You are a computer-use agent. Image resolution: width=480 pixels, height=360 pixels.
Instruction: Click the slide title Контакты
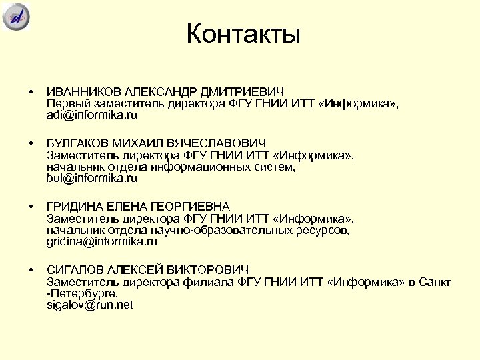point(243,34)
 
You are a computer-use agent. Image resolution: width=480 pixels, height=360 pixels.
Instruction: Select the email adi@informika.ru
point(91,115)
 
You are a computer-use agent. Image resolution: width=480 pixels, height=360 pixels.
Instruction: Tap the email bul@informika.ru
point(91,178)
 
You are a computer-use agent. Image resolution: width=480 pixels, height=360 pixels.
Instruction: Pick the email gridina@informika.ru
point(101,241)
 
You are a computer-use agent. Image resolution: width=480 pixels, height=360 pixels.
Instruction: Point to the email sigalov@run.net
point(89,305)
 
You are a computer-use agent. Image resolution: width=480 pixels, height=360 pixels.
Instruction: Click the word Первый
point(67,103)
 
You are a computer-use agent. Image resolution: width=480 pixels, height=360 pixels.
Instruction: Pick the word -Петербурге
point(82,293)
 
